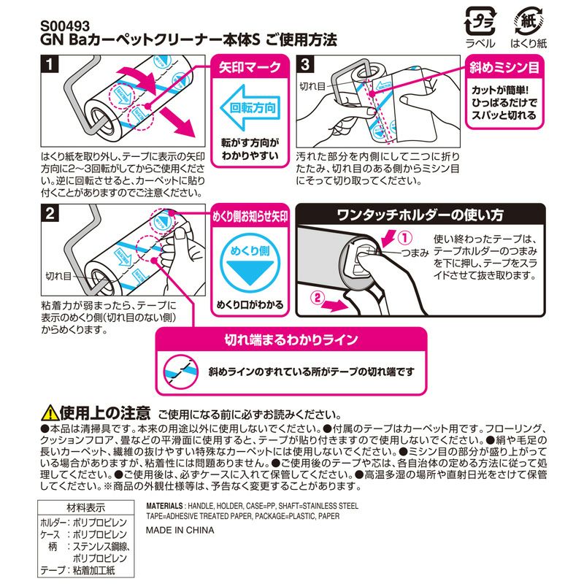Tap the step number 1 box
[x=48, y=66]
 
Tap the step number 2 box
[x=48, y=215]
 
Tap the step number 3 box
[x=305, y=66]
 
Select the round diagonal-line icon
[x=179, y=371]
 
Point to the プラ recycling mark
[x=480, y=19]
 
